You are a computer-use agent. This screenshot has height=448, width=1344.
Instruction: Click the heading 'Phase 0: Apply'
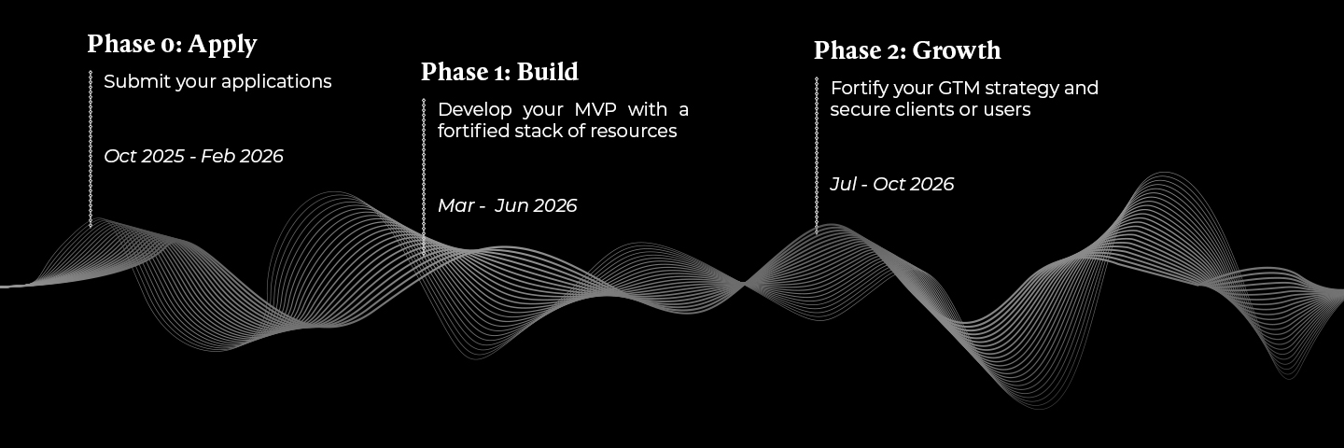coord(172,44)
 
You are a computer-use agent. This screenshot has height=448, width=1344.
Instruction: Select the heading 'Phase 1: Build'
coord(499,72)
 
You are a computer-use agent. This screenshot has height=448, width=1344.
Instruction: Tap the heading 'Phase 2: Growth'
coord(906,50)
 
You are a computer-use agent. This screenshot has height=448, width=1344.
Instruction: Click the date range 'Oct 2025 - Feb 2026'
coord(193,156)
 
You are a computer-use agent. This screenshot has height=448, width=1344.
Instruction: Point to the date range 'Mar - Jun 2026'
coord(507,205)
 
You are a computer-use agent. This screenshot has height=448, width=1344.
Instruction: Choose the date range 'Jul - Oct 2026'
coord(891,184)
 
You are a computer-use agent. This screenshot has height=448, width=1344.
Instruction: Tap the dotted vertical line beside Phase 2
coord(817,155)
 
